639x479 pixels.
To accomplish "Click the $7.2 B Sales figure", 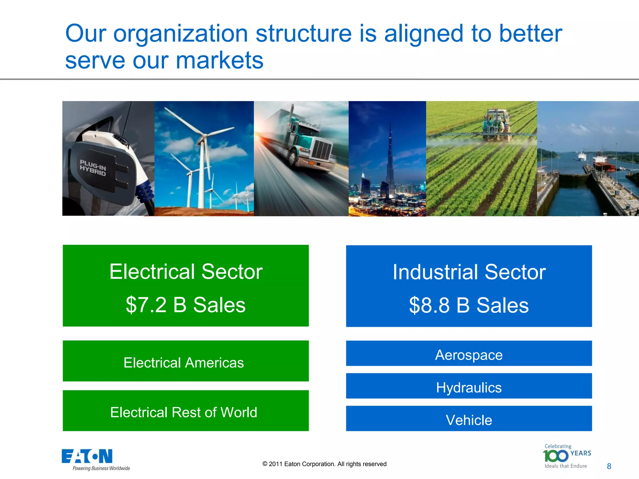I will (x=186, y=305).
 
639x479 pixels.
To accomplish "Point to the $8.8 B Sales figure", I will (x=469, y=305).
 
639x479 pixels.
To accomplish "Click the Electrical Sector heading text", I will (x=186, y=272).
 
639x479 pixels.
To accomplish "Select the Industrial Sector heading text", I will (x=469, y=272).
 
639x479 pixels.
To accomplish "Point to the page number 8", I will (x=609, y=466).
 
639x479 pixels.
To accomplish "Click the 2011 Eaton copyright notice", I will (x=324, y=464).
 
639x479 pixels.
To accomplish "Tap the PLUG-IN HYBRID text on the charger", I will (x=93, y=167).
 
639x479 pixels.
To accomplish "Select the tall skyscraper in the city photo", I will (x=390, y=156).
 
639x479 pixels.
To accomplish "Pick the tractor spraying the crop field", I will (x=496, y=123).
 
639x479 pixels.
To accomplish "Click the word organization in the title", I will (x=180, y=34).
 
